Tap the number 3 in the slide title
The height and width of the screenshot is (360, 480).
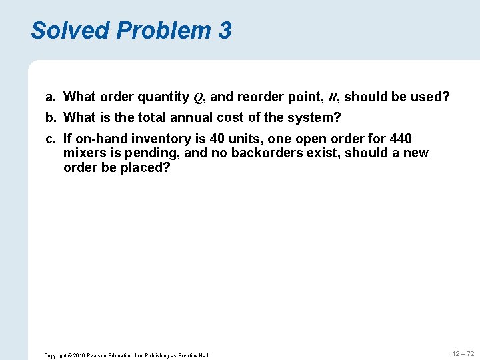[x=225, y=30]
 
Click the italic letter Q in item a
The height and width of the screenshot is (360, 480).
[x=198, y=97]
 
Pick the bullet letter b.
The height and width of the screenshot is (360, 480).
[x=50, y=118]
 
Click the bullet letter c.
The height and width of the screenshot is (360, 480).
[x=50, y=139]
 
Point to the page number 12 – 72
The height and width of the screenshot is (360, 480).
[x=463, y=353]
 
